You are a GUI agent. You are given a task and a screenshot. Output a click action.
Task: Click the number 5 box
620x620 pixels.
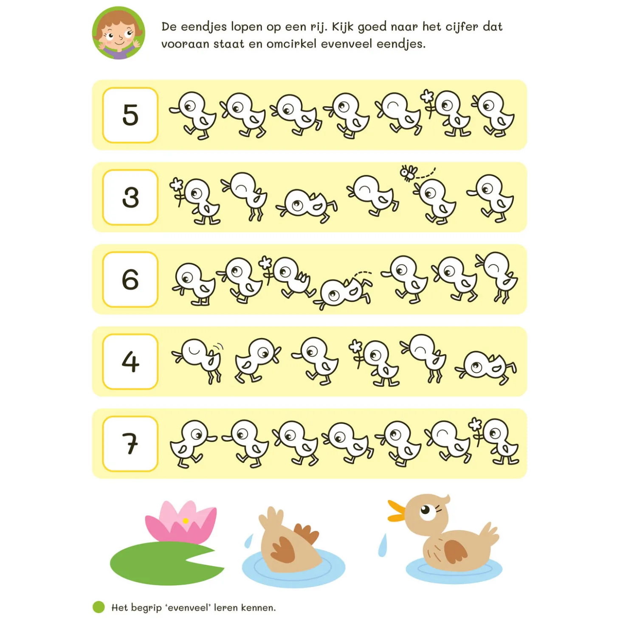130,115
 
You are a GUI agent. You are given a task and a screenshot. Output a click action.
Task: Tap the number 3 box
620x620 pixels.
130,197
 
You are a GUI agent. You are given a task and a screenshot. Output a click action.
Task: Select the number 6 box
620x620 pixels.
130,279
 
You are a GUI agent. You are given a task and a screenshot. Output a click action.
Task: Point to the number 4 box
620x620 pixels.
130,362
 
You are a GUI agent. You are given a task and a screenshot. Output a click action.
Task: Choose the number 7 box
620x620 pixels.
130,444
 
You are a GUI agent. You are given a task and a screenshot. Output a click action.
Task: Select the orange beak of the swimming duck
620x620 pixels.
396,511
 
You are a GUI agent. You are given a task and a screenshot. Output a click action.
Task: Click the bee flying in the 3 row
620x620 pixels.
409,172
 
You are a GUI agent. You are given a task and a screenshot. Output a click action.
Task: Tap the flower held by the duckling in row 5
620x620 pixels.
427,97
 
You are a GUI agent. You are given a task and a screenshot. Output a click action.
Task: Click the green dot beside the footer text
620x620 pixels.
99,607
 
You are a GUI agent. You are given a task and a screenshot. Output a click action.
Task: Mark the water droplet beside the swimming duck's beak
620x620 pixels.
383,546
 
